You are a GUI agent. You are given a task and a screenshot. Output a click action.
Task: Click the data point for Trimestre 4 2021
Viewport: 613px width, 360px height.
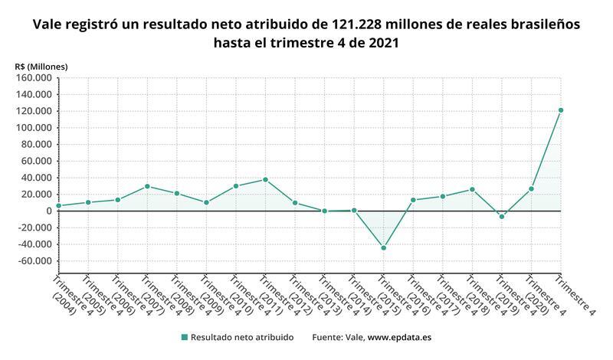(x=560, y=110)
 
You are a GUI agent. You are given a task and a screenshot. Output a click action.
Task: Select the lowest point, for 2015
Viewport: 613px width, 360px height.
(x=383, y=248)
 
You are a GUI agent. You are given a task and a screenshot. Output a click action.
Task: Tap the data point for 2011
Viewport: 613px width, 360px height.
(x=265, y=179)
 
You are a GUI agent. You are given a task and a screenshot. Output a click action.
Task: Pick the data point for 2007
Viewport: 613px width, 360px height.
(x=147, y=186)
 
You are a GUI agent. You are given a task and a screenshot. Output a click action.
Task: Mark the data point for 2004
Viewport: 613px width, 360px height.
(x=59, y=205)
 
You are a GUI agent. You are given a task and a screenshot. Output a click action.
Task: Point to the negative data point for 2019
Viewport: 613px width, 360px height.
(x=502, y=217)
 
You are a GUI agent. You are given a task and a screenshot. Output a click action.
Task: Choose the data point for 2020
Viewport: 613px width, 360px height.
(x=531, y=188)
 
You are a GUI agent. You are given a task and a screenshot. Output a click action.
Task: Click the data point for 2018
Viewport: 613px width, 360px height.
(x=472, y=189)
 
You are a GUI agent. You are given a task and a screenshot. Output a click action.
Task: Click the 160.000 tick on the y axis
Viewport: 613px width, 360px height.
(x=33, y=77)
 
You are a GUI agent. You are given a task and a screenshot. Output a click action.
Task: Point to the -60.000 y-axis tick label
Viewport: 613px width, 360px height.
(x=33, y=261)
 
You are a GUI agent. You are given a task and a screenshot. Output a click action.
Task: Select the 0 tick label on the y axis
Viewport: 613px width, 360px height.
(x=48, y=211)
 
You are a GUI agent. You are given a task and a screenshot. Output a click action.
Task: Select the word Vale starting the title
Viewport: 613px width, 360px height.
(x=48, y=25)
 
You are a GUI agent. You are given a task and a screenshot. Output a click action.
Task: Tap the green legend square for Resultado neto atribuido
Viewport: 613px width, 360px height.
(x=184, y=337)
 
